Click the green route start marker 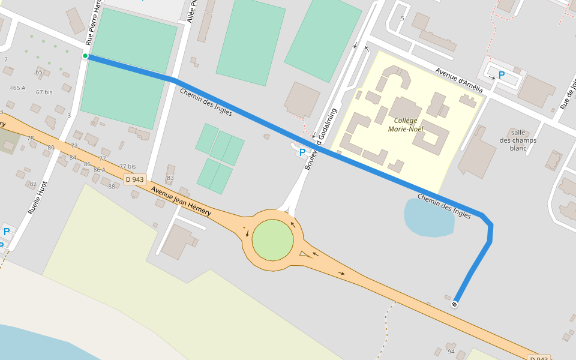[x=85, y=56]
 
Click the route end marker [x=455, y=304]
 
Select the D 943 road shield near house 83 [x=135, y=179]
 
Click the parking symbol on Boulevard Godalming [x=302, y=152]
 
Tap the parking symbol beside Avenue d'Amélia [x=502, y=76]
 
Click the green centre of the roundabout [x=272, y=240]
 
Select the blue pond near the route [x=428, y=217]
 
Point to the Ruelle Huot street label [x=37, y=199]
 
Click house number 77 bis [x=127, y=166]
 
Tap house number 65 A [x=19, y=88]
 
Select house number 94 [x=451, y=352]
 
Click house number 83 [x=170, y=178]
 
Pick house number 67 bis [x=44, y=92]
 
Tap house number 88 [x=111, y=186]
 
